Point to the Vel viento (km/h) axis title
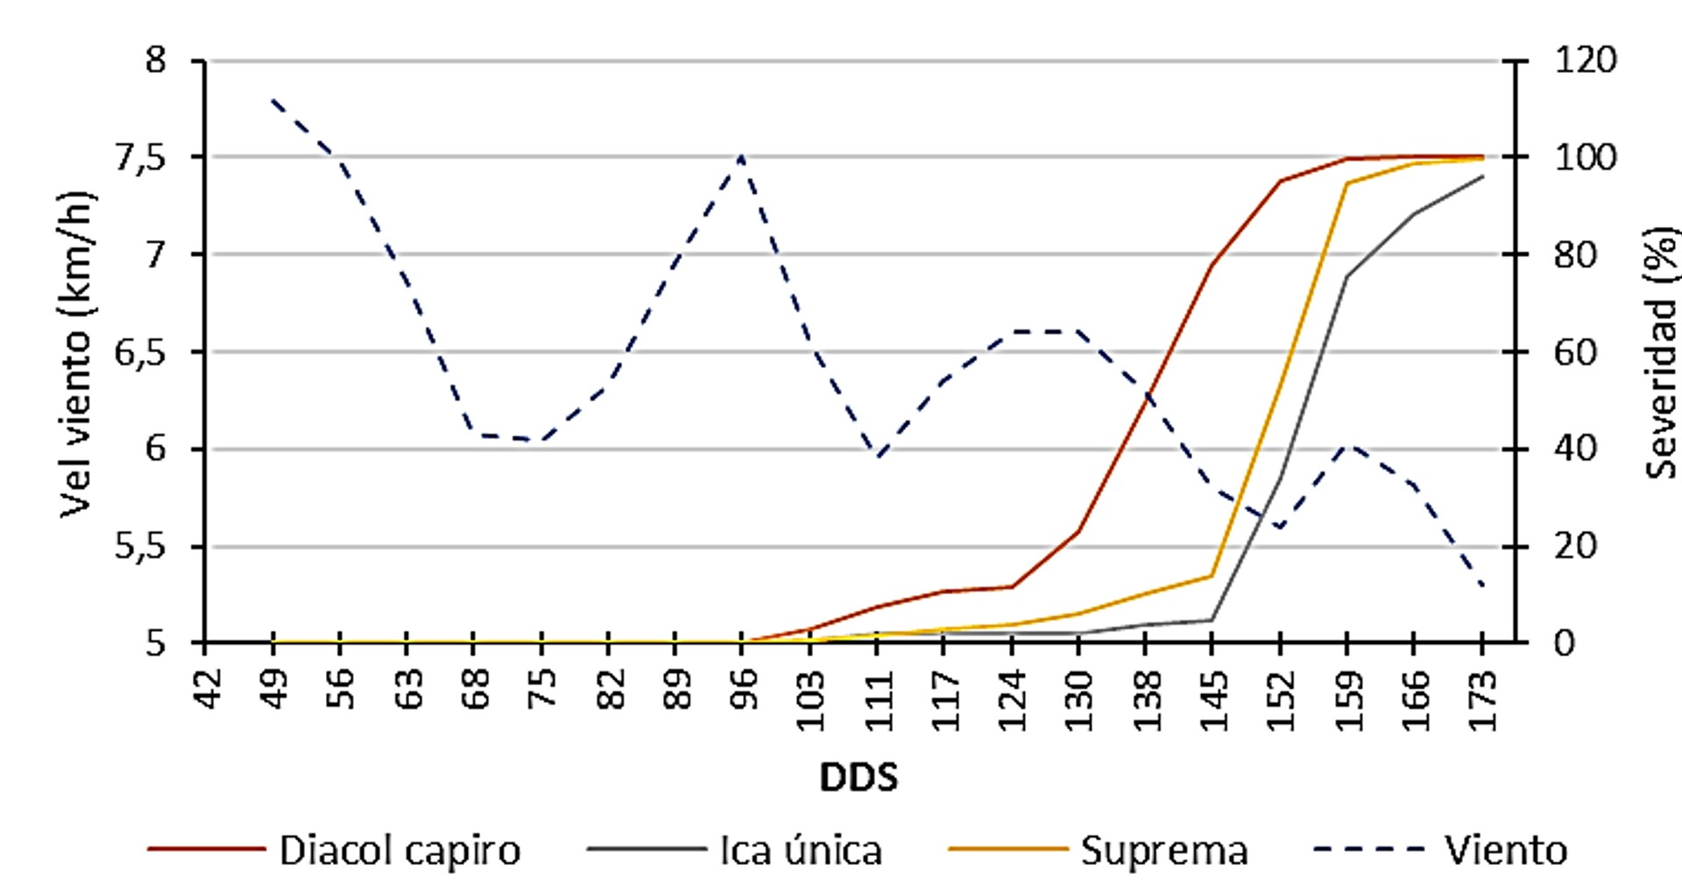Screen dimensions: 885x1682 point(77,353)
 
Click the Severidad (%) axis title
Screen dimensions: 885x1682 point(1660,353)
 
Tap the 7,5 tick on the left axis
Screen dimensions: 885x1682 point(140,158)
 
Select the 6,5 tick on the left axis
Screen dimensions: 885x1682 point(140,353)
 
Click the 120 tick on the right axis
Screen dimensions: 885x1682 point(1585,60)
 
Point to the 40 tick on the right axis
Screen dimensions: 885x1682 point(1574,449)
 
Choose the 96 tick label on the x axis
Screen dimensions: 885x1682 point(744,690)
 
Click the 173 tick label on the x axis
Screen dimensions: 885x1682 point(1481,700)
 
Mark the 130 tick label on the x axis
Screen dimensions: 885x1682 point(1078,700)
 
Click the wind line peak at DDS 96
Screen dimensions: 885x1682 point(742,157)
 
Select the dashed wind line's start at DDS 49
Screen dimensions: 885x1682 point(273,100)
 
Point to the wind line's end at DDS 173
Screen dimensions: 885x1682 point(1481,585)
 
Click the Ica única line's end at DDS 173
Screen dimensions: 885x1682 point(1481,177)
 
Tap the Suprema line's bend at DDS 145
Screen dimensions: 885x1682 point(1212,576)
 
